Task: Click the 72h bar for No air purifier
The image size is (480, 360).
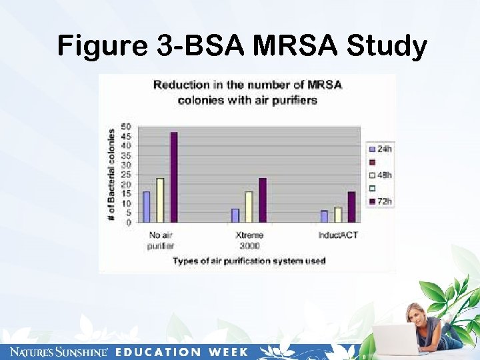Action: point(174,177)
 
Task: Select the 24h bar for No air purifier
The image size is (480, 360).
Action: point(146,207)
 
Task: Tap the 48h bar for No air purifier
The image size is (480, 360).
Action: point(160,200)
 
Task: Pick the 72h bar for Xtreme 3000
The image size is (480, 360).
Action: point(263,200)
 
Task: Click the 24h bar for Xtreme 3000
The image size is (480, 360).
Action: point(235,215)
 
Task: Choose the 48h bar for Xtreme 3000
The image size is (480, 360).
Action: point(249,207)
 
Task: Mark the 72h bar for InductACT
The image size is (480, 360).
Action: point(351,207)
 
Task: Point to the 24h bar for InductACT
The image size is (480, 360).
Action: point(324,217)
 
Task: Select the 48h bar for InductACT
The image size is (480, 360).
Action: point(338,215)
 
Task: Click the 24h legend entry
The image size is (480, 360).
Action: point(380,149)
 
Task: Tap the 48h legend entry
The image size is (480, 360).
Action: point(380,175)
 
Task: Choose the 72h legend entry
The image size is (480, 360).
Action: point(380,201)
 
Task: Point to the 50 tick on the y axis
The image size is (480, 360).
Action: point(126,126)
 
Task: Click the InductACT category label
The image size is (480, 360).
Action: point(338,235)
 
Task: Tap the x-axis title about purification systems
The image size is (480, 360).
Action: point(249,261)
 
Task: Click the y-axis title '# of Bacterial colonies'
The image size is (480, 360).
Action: point(111,175)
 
